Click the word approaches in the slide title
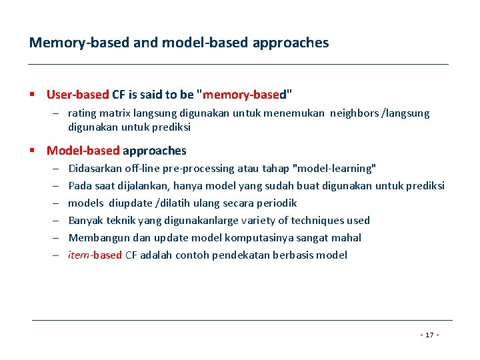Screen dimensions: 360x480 point(291,43)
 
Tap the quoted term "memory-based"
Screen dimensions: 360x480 point(246,95)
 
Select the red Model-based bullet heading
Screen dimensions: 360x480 point(83,151)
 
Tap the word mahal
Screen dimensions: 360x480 point(347,238)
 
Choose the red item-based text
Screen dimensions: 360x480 point(95,255)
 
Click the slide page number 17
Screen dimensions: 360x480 point(429,334)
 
